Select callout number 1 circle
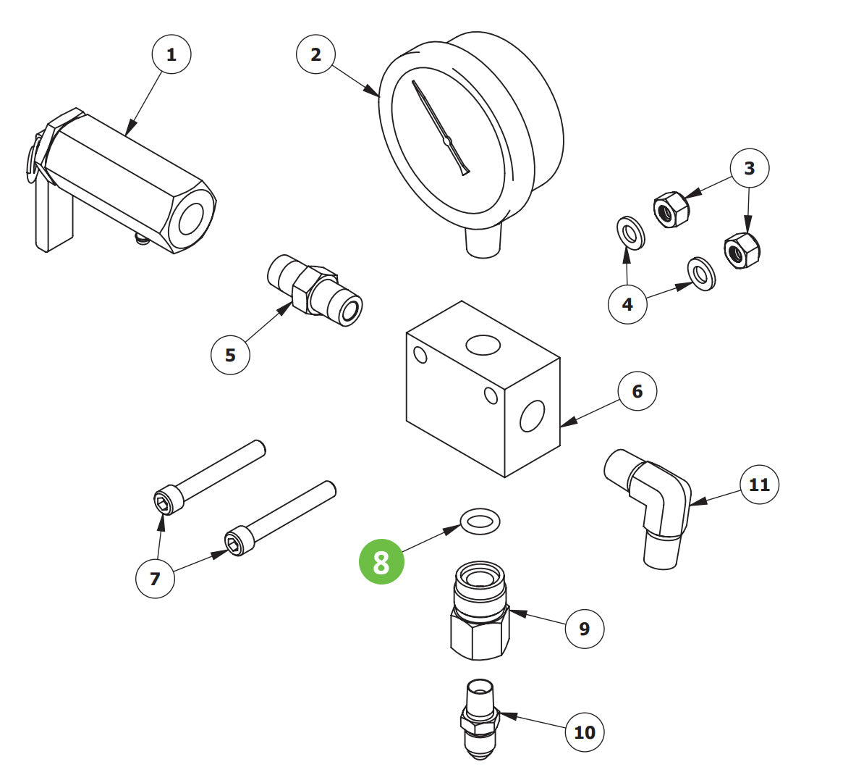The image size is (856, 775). coord(171,54)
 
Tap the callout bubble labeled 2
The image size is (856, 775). coord(315,54)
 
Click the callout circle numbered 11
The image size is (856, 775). coord(759,484)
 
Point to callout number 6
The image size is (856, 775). coord(637,391)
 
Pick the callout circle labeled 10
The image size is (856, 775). coord(584,732)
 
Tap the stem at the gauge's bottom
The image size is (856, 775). coord(483,240)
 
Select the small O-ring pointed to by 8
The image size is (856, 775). coord(480,520)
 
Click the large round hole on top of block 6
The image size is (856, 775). coord(483,345)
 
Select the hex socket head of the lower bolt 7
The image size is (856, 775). coord(236,544)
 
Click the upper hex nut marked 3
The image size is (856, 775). coord(671,209)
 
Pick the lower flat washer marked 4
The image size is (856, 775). coord(700,274)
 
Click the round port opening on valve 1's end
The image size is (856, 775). coord(191,219)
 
